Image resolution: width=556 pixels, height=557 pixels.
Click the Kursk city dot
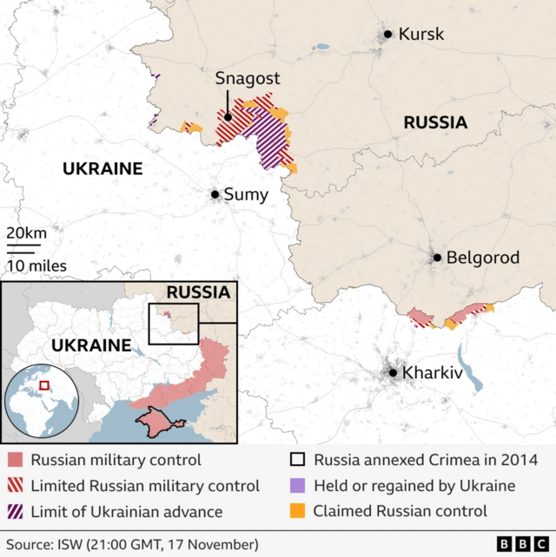[x=387, y=35]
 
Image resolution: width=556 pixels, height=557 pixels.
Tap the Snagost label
[x=248, y=79]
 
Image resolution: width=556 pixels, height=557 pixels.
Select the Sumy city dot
[x=215, y=194]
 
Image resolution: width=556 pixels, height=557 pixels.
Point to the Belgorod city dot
[x=438, y=258]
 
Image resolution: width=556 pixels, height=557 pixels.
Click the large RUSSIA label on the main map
[x=435, y=123]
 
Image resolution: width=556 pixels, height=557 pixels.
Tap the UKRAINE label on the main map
[x=102, y=168]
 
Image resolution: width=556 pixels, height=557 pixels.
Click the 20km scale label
[x=27, y=233]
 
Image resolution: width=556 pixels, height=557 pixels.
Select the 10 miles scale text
[x=36, y=265]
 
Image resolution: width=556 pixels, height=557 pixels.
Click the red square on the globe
[x=44, y=383]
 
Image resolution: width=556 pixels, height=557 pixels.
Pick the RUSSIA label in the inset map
[x=198, y=292]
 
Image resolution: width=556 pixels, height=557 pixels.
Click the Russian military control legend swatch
[x=15, y=461]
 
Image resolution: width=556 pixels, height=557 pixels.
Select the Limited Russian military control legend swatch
[x=15, y=486]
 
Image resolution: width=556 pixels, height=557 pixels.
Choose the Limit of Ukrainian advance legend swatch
[x=15, y=511]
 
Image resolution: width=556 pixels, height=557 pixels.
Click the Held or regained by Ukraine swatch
[x=298, y=486]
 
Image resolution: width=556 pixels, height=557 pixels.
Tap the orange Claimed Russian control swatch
[x=298, y=511]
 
